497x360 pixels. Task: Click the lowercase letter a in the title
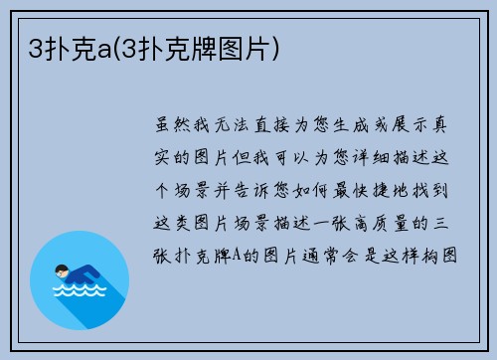(99, 47)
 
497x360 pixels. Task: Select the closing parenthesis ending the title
(274, 47)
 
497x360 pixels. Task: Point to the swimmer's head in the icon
(62, 270)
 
